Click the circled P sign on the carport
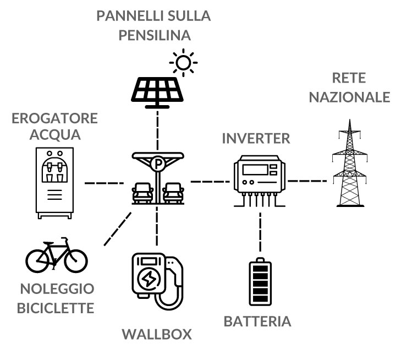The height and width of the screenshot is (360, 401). [x=158, y=163]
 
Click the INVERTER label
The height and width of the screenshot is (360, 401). [x=256, y=138]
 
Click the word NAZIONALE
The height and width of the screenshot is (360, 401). [x=349, y=97]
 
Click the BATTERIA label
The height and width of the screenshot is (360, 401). [x=257, y=321]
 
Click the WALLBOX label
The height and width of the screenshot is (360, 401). [x=157, y=334]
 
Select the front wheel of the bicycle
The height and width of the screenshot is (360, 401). [x=75, y=259]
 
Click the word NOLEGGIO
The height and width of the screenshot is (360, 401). [x=57, y=290]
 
